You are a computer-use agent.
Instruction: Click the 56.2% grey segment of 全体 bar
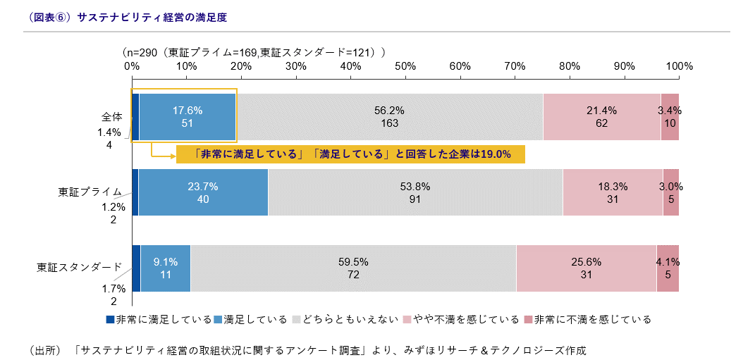pos(389,117)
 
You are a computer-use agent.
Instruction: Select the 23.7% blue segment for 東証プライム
pos(203,192)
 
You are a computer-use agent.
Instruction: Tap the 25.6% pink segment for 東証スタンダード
pos(586,268)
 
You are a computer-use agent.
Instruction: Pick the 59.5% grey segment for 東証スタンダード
pos(353,268)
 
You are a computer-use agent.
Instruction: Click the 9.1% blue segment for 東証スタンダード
pos(166,268)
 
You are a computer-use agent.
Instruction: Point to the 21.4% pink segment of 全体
pos(601,117)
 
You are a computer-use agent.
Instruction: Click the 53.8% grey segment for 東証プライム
pos(415,192)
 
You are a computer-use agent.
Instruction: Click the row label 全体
pos(112,117)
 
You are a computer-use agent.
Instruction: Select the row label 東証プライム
pos(90,192)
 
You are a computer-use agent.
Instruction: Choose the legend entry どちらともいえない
pos(350,319)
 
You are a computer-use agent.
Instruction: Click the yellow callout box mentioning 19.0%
pos(351,154)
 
